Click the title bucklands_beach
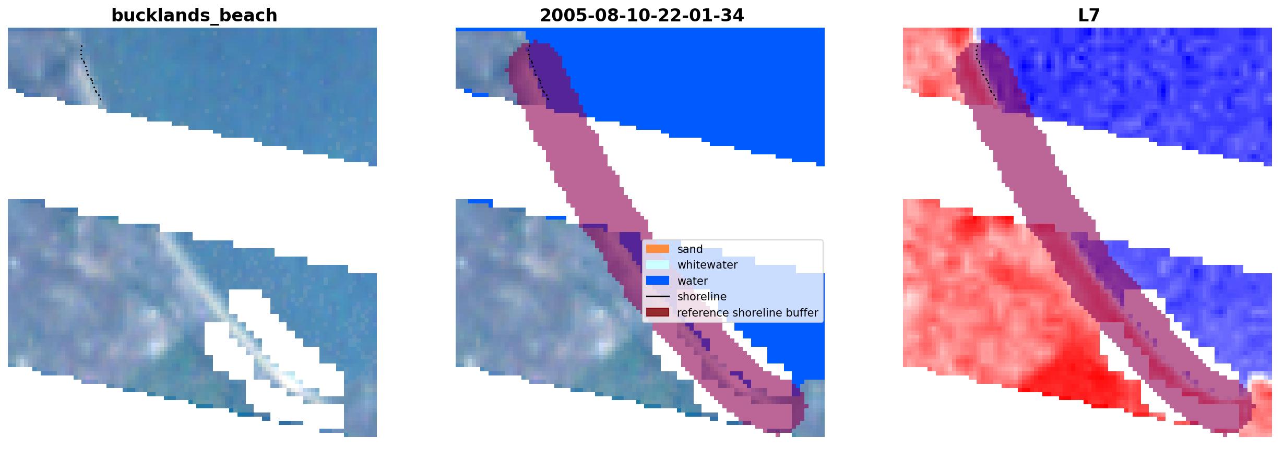point(194,16)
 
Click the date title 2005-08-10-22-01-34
point(641,16)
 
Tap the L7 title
point(1089,16)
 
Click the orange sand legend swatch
point(658,249)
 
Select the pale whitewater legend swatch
point(658,265)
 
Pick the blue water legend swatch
point(658,281)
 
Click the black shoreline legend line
point(658,297)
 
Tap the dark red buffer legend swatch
point(658,312)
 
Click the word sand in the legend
point(690,249)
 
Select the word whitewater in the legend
point(707,265)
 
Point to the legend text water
point(693,281)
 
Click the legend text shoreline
point(702,297)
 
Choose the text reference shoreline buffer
point(747,313)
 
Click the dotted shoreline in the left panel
point(90,74)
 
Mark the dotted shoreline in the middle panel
point(538,72)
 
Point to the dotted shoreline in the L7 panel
point(985,72)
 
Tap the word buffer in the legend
point(802,313)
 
